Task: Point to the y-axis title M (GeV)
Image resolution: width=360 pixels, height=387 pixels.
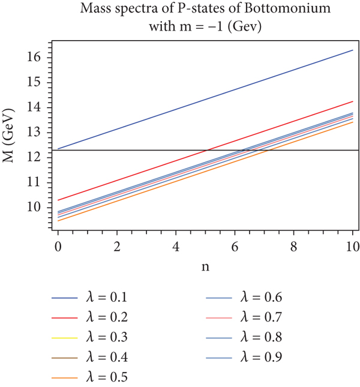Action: (11, 134)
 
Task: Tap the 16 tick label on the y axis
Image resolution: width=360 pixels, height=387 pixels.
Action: (34, 56)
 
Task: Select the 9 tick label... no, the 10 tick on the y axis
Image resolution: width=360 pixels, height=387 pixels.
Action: (34, 207)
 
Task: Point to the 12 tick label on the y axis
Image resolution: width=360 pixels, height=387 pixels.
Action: (34, 157)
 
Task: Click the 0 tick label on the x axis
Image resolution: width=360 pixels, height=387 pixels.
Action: (58, 247)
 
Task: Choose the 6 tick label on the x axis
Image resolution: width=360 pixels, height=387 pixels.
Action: (235, 247)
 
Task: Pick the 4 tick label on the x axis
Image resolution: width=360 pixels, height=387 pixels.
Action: (176, 247)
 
